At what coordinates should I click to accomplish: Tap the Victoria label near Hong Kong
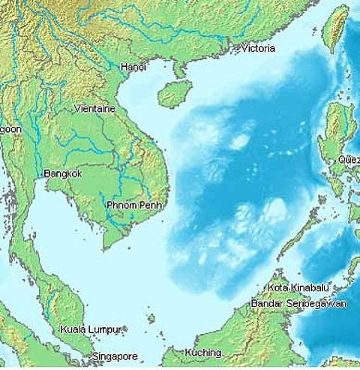click(257, 49)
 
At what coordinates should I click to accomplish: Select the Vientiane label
click(94, 109)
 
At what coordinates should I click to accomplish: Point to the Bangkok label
click(63, 173)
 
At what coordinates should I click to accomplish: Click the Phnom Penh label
click(134, 205)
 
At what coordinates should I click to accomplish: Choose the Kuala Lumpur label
click(90, 329)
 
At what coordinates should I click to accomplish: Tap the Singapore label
click(115, 356)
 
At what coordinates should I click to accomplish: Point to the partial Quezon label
click(349, 159)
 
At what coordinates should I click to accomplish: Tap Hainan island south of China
click(175, 94)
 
